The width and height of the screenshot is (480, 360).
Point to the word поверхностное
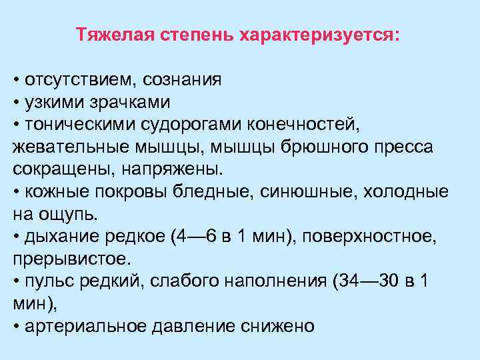pyautogui.click(x=370, y=235)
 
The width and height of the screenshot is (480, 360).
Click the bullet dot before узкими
pyautogui.click(x=16, y=103)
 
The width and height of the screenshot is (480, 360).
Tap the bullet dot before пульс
pyautogui.click(x=16, y=280)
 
